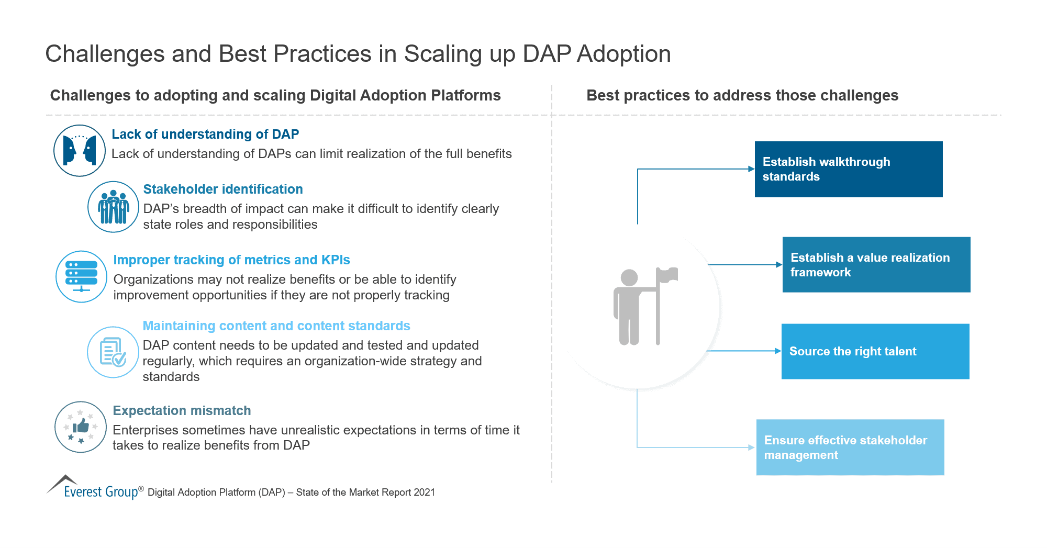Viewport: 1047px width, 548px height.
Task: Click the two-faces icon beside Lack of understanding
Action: coord(80,150)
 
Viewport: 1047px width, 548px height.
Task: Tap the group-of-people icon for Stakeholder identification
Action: coord(113,207)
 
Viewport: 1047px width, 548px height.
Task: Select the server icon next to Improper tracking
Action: coord(81,276)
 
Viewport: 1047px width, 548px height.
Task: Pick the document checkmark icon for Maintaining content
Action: coord(113,352)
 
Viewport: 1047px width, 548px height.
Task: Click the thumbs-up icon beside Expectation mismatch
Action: coord(81,427)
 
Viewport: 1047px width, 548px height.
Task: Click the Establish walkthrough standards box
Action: coord(848,169)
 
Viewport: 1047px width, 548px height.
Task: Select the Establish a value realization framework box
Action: coord(876,264)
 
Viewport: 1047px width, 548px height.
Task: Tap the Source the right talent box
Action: coord(875,351)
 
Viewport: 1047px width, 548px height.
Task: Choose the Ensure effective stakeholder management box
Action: coord(850,447)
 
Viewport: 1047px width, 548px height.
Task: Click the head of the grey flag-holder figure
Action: coord(629,278)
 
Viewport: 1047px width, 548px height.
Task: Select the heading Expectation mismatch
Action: coord(182,410)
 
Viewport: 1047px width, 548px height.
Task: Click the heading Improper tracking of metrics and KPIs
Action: coord(231,260)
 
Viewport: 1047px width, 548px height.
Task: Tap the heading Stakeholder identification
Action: coord(223,189)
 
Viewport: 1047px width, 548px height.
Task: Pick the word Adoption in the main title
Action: coord(623,54)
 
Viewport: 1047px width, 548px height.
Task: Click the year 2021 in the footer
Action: coord(424,492)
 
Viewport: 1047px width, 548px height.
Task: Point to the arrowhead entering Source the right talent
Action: coord(778,351)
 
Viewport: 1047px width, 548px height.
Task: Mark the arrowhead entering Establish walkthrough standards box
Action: coord(751,169)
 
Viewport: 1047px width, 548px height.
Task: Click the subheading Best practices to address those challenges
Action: coord(742,95)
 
